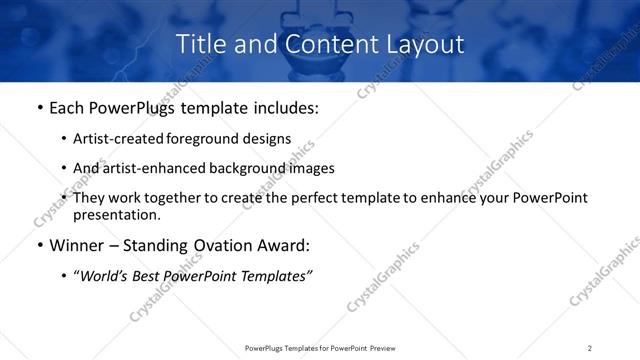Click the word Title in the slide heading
tap(200, 45)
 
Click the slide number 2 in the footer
tap(590, 348)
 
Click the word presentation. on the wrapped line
tap(116, 215)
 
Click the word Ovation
tap(205, 246)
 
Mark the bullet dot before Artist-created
tap(65, 140)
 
